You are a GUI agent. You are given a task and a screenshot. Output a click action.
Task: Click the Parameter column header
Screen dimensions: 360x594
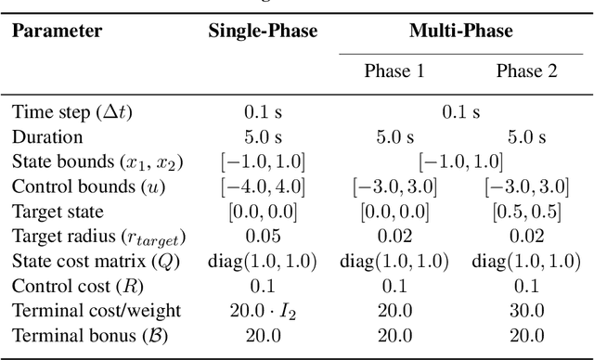pos(57,31)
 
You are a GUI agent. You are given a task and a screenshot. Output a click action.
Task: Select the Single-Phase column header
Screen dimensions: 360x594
pos(264,31)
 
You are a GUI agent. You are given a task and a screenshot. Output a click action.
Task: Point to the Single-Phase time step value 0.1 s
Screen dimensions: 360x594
pos(264,113)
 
